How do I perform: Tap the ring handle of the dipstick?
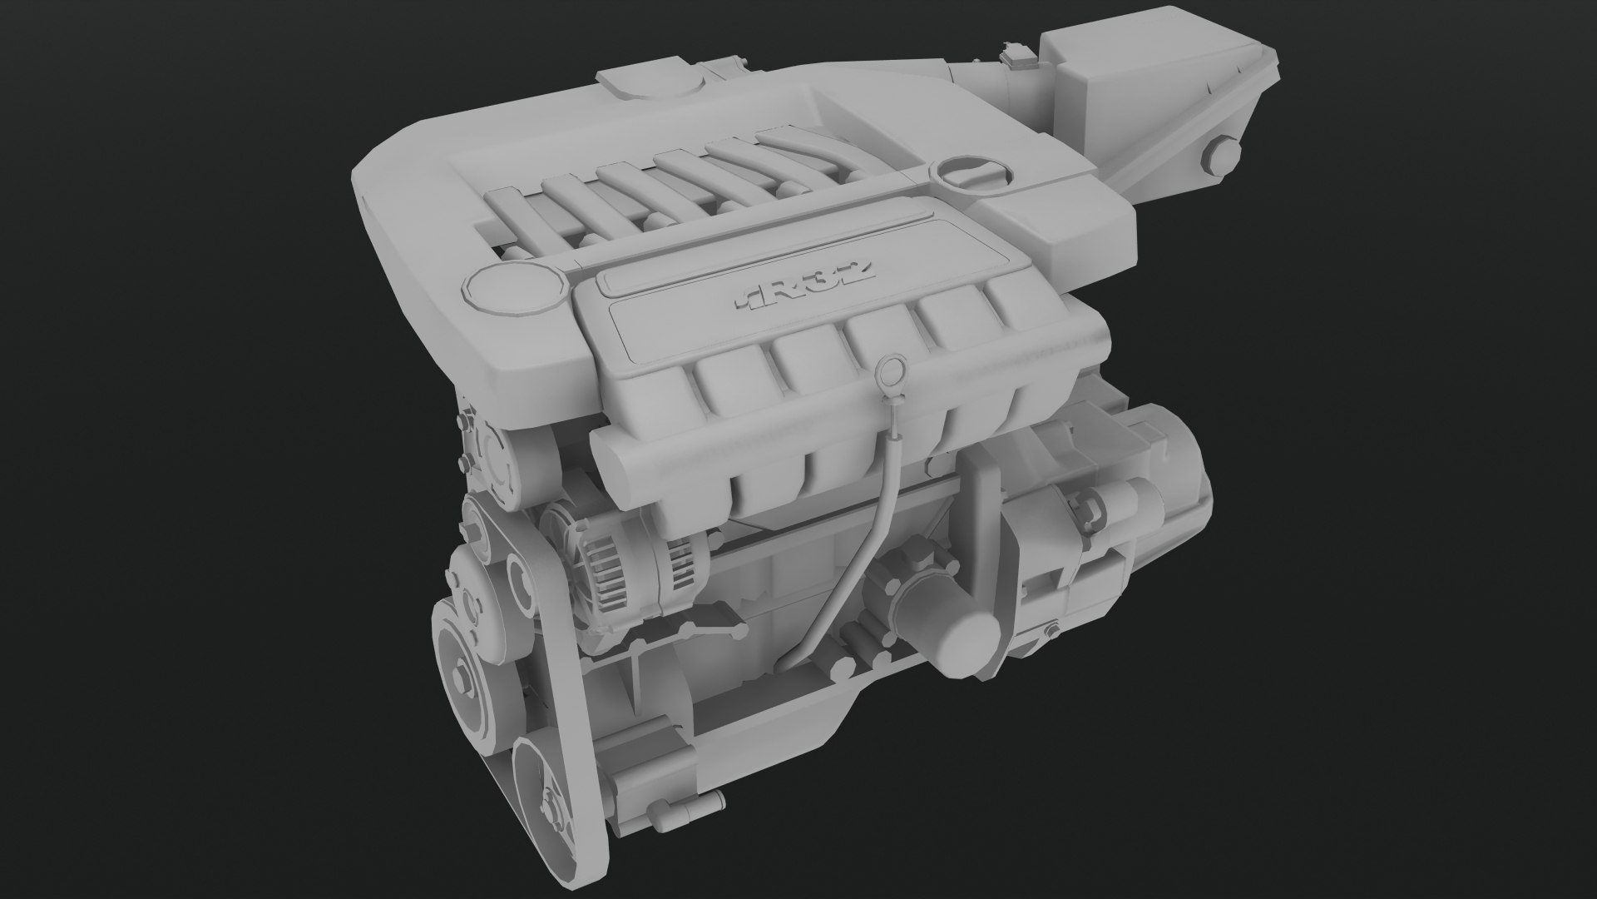tap(892, 365)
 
